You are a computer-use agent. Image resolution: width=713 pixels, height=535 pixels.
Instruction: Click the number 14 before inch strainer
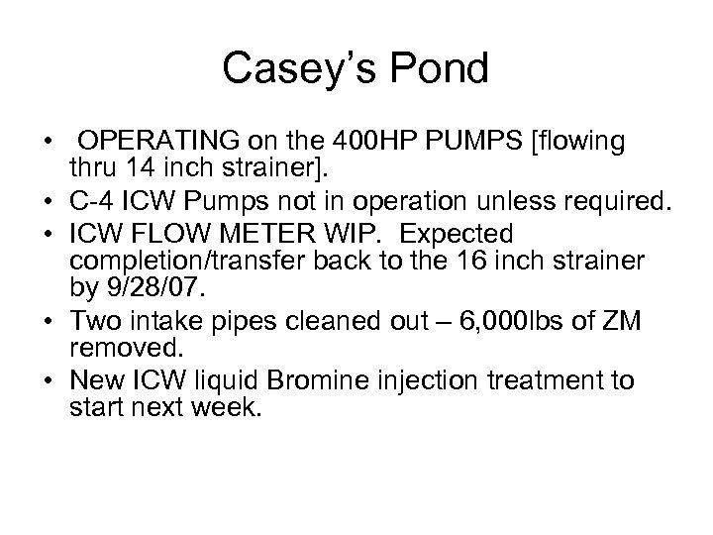pyautogui.click(x=129, y=165)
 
